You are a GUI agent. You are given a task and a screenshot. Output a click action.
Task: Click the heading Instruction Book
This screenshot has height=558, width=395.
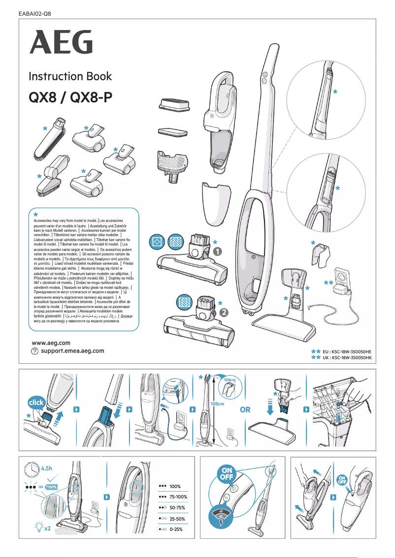click(x=70, y=76)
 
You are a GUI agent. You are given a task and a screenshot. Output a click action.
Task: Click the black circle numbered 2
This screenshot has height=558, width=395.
click(x=224, y=312)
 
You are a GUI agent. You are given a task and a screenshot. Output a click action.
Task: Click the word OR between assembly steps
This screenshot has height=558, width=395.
click(x=245, y=409)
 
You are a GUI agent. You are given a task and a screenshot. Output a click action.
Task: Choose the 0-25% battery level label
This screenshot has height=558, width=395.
click(x=176, y=529)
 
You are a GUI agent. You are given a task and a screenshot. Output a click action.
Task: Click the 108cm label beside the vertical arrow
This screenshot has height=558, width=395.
click(x=217, y=404)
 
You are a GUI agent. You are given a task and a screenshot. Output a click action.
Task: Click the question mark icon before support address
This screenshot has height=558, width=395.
click(x=34, y=351)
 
